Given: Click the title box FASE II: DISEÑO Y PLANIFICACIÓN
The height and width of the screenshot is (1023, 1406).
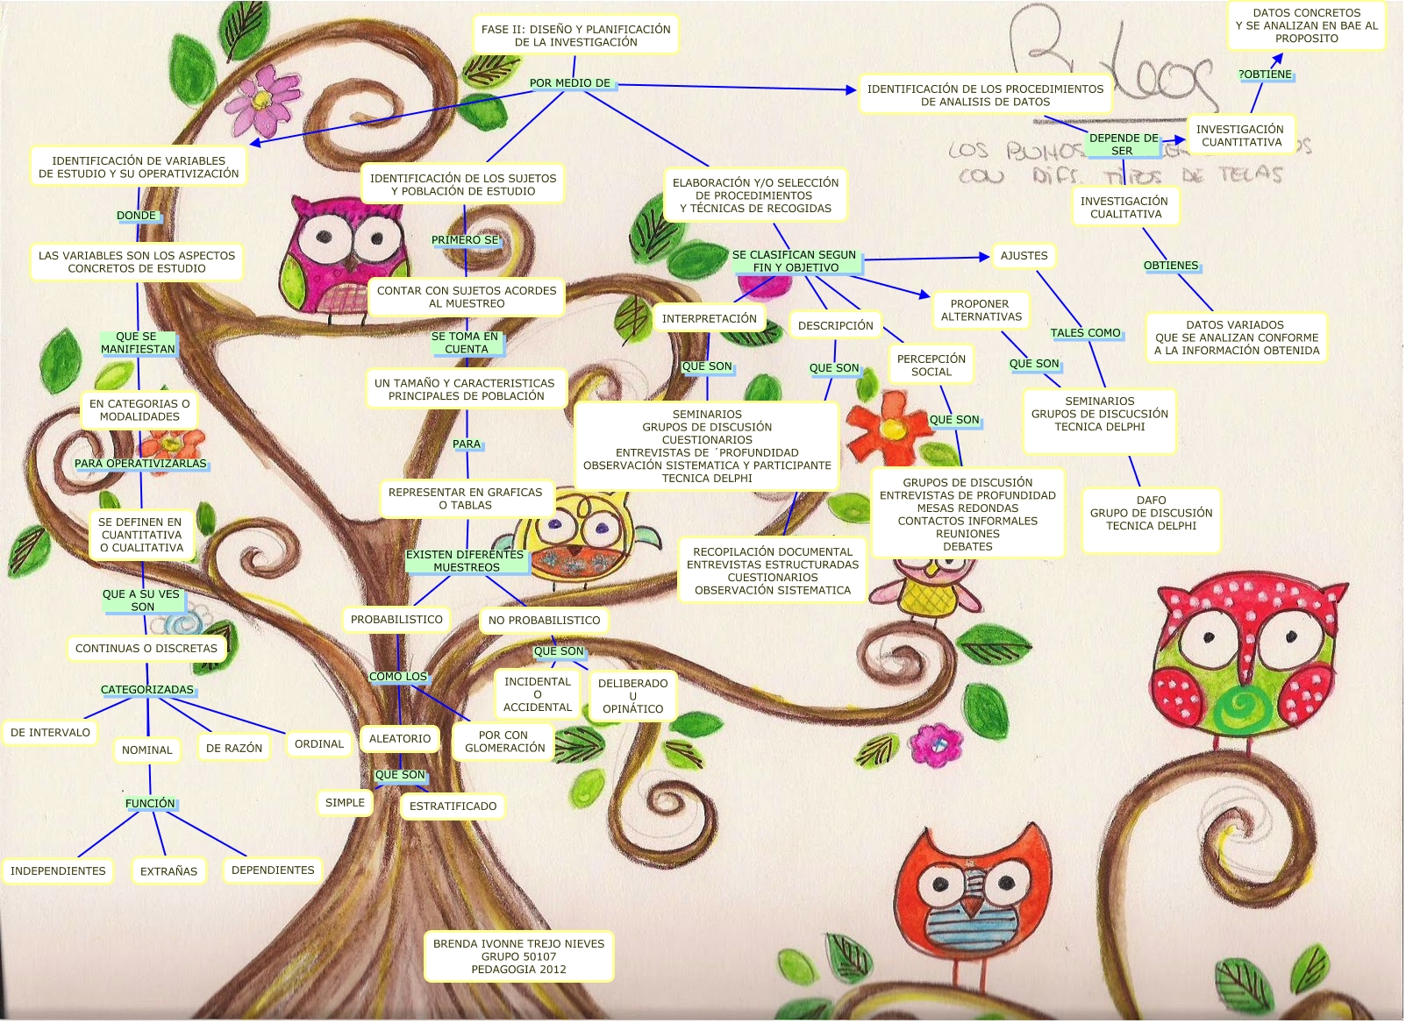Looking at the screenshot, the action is pyautogui.click(x=575, y=35).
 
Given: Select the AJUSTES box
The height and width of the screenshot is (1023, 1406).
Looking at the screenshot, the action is pyautogui.click(x=1024, y=256).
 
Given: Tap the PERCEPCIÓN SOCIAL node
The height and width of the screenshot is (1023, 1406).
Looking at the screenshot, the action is pyautogui.click(x=931, y=366).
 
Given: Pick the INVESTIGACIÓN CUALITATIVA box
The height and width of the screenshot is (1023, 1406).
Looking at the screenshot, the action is pyautogui.click(x=1124, y=208).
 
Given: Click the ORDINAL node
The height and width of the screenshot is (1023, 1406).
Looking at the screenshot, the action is pyautogui.click(x=318, y=744).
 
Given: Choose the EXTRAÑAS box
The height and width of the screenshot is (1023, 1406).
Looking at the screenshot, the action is pyautogui.click(x=168, y=871).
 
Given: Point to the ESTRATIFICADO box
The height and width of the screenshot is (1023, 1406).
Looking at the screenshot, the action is pyautogui.click(x=453, y=806).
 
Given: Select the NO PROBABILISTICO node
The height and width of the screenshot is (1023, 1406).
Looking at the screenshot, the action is pyautogui.click(x=544, y=621).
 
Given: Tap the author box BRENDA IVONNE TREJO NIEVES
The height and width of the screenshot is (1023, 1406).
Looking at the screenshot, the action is pyautogui.click(x=518, y=956).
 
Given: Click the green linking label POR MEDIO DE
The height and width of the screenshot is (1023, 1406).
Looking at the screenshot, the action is pyautogui.click(x=570, y=83).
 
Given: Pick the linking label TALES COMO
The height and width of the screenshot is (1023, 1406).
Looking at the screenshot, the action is pyautogui.click(x=1085, y=333).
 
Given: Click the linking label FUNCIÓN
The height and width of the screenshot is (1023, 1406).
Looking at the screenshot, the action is pyautogui.click(x=150, y=804).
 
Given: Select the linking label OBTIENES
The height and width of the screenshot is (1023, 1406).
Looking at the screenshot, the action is pyautogui.click(x=1170, y=266).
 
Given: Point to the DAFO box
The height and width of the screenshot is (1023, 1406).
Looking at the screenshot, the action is pyautogui.click(x=1151, y=513).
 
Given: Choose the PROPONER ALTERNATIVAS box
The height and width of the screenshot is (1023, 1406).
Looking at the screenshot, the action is pyautogui.click(x=981, y=310).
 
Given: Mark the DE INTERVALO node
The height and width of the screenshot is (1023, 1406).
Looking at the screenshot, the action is pyautogui.click(x=50, y=733).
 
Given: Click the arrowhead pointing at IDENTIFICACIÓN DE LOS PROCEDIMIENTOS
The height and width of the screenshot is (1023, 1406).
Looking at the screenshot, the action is pyautogui.click(x=851, y=89).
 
